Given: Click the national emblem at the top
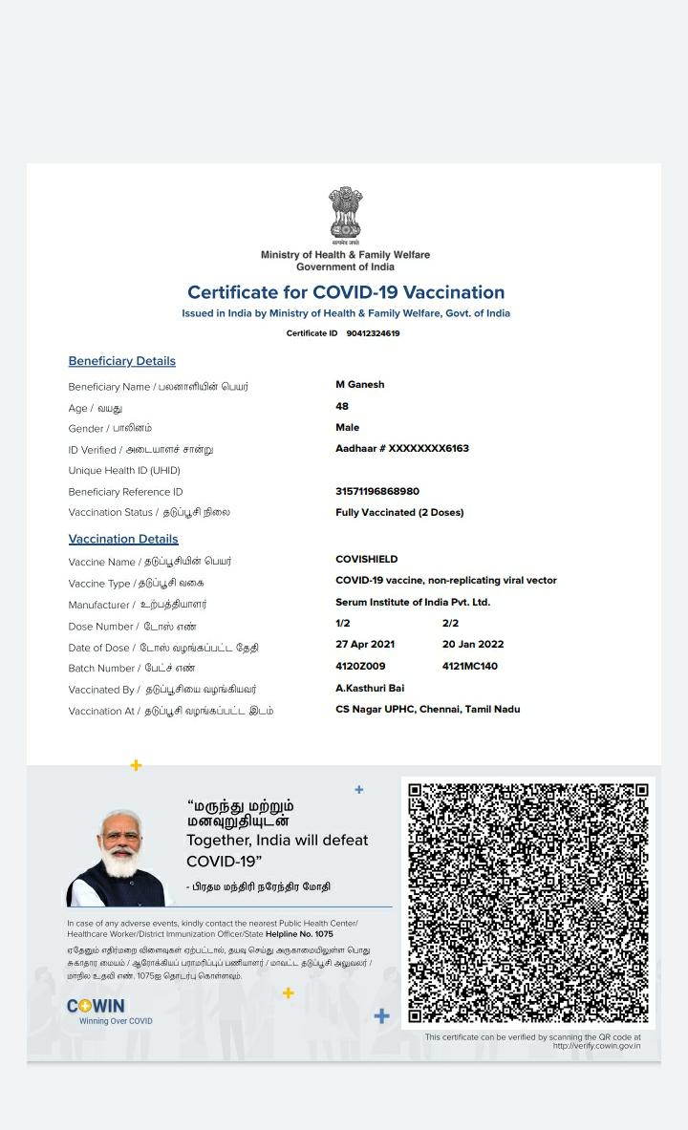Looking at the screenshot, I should [345, 213].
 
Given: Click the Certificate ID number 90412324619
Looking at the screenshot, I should [373, 333].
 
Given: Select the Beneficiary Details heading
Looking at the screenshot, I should [122, 361].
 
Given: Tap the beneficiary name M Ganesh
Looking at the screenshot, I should [359, 384].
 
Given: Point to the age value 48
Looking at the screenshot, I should [342, 406].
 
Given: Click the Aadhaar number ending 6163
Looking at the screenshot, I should [402, 448].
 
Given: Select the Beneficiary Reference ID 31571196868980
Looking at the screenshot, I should [377, 491].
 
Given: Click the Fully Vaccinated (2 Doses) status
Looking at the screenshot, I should [399, 512].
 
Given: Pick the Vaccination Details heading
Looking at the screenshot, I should [123, 539].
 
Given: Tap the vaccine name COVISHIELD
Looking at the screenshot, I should [367, 559].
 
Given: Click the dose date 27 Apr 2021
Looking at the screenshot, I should [365, 644].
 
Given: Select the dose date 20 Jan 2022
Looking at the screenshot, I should [473, 644].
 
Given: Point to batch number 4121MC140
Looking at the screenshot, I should [470, 666].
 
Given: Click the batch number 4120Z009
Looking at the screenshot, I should [360, 666].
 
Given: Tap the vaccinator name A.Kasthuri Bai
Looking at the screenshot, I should [370, 688].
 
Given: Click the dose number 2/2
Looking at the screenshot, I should [450, 623].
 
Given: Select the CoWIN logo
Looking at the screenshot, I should [96, 1006].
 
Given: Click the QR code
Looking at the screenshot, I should [528, 903].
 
